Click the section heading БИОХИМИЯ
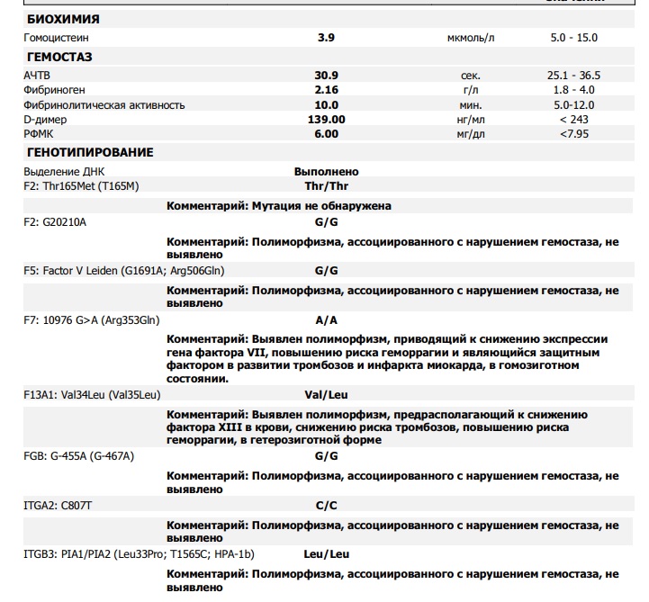(x=64, y=19)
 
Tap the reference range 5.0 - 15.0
(x=573, y=38)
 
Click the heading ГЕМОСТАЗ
(x=60, y=58)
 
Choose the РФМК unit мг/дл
(x=470, y=133)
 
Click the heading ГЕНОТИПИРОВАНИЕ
(x=91, y=153)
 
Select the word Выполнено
(x=326, y=172)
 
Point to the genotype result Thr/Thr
(x=326, y=186)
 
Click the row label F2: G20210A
(x=55, y=220)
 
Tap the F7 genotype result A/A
(x=326, y=319)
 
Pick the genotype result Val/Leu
(x=326, y=394)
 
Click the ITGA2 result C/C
(x=326, y=506)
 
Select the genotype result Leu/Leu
(x=326, y=554)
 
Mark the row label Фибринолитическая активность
(x=104, y=104)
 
